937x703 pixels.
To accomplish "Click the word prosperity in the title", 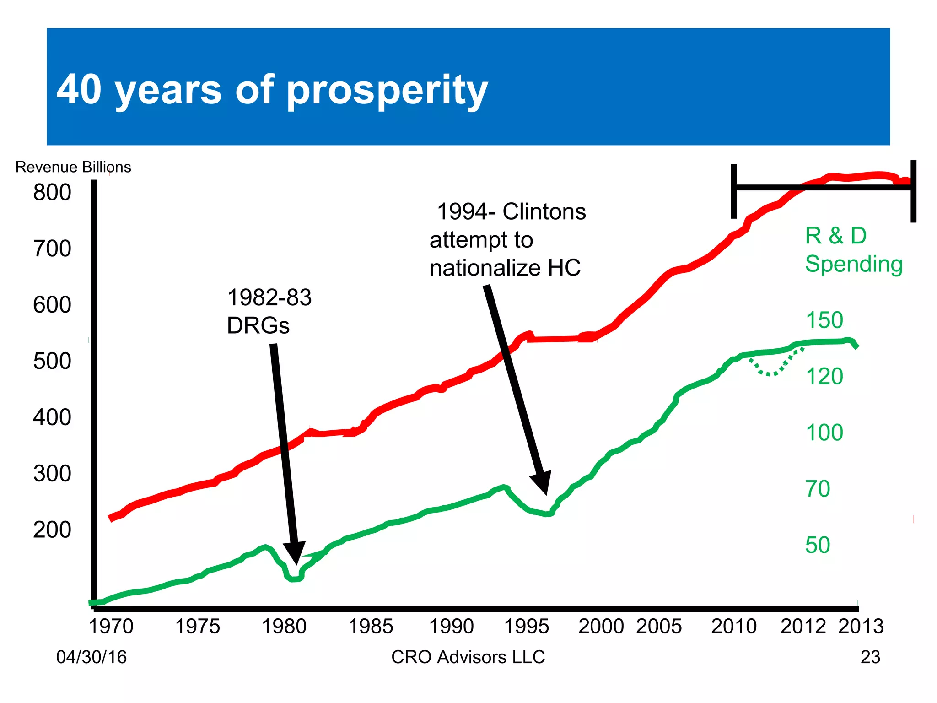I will coord(387,91).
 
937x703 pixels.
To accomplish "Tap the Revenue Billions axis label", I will coord(73,167).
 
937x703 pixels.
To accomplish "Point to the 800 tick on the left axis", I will coord(52,192).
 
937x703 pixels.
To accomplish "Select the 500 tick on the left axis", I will coord(52,361).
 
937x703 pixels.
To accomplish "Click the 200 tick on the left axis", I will coord(52,530).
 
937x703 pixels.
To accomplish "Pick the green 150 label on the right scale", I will coord(824,320).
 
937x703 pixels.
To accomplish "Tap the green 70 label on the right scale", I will coord(818,489).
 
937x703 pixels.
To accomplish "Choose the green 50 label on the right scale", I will coord(818,545).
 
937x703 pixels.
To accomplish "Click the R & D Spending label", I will coord(853,250).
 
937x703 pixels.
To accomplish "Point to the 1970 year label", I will coord(111,627).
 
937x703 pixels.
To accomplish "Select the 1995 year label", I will coord(526,627).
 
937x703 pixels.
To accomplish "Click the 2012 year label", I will coord(803,627).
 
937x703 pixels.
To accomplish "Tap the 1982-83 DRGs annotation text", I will coord(269,312).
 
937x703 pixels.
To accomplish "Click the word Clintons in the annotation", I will coord(544,212).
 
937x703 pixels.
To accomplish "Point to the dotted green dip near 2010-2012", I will coord(771,372).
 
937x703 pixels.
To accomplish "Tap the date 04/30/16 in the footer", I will coord(92,657).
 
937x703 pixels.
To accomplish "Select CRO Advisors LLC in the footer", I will coord(468,657).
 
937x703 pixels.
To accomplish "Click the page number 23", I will coord(870,657).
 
